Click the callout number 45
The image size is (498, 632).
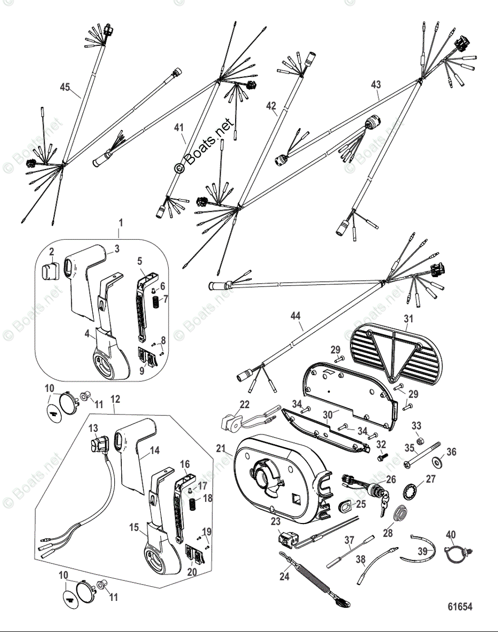64,87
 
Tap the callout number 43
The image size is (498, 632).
376,84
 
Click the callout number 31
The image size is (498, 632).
409,319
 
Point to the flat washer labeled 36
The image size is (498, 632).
437,463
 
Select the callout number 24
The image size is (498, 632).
284,576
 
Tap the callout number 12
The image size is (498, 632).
116,404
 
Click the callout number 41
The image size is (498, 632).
179,127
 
